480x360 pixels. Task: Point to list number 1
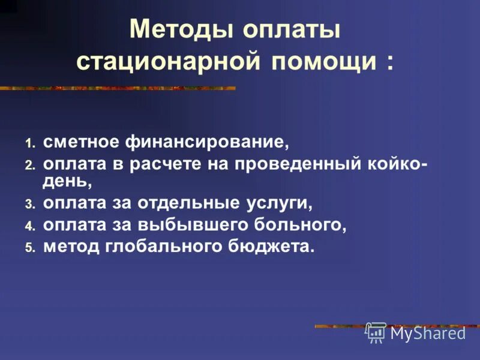pyautogui.click(x=30, y=143)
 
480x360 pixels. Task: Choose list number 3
pyautogui.click(x=30, y=205)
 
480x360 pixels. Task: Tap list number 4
pyautogui.click(x=30, y=226)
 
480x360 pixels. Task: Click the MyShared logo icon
pyautogui.click(x=376, y=332)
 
